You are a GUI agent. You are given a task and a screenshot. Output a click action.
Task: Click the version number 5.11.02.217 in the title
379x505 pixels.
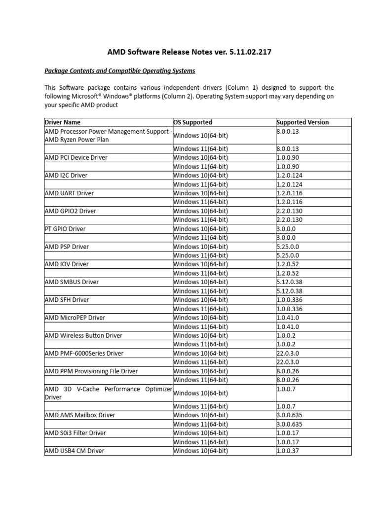point(250,52)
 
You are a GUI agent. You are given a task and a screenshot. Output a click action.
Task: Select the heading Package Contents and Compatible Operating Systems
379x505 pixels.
point(120,71)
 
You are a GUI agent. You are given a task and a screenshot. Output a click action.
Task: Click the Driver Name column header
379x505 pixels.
point(63,122)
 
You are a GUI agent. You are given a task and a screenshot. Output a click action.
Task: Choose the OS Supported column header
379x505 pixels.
point(193,122)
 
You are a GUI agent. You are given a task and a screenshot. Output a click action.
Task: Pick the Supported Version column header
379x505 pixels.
point(303,122)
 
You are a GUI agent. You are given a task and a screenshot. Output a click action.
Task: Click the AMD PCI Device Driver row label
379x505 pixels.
point(76,157)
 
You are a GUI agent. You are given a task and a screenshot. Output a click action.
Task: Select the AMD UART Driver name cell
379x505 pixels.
point(69,193)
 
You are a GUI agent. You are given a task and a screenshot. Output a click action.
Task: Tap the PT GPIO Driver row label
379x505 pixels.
point(65,228)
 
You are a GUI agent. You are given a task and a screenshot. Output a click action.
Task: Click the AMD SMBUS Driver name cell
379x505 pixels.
point(72,282)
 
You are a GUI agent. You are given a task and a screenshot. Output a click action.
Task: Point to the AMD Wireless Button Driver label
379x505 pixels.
point(83,335)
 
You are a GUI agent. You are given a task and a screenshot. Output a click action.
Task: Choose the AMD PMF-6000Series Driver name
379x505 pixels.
point(84,353)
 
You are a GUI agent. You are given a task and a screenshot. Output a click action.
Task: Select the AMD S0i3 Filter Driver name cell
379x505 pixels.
point(75,433)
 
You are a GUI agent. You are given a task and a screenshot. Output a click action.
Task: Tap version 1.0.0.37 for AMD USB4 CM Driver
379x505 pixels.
point(289,450)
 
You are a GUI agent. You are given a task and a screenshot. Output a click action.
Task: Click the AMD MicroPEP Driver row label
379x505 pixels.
point(75,317)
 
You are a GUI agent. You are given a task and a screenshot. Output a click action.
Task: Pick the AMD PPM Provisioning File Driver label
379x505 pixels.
point(91,371)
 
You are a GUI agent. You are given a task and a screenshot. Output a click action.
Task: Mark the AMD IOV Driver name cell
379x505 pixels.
point(67,264)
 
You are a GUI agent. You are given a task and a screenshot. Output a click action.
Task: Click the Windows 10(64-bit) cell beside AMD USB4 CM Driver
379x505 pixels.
point(201,450)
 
